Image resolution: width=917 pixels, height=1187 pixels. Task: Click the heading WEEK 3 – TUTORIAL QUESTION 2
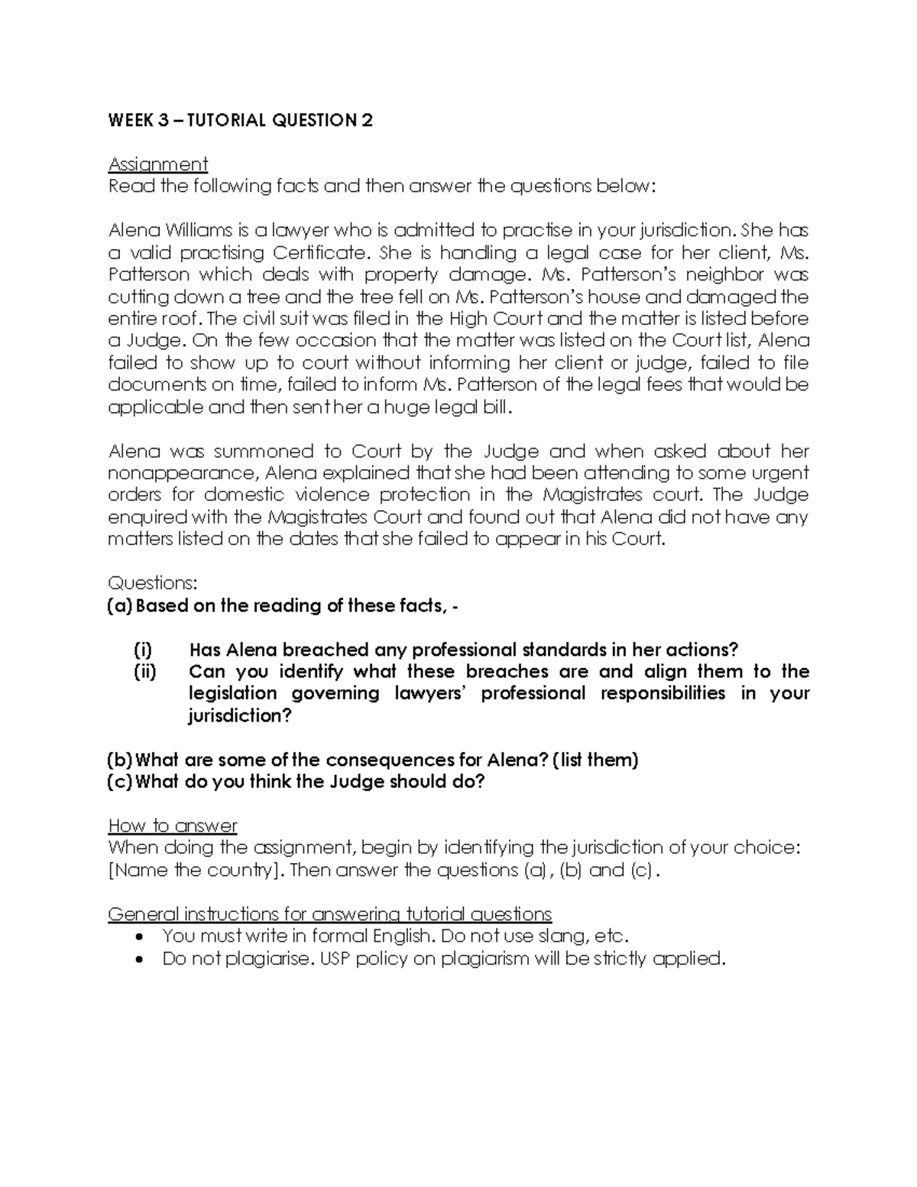(x=241, y=120)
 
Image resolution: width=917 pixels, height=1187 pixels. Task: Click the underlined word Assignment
(x=157, y=164)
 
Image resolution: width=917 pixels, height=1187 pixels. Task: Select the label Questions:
(x=153, y=583)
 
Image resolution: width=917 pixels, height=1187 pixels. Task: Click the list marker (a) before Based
(x=119, y=606)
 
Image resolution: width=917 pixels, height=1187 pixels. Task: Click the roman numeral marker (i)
(x=142, y=650)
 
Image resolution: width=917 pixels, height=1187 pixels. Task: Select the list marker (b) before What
(x=119, y=761)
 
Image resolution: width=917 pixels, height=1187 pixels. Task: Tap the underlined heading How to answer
(x=173, y=826)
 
